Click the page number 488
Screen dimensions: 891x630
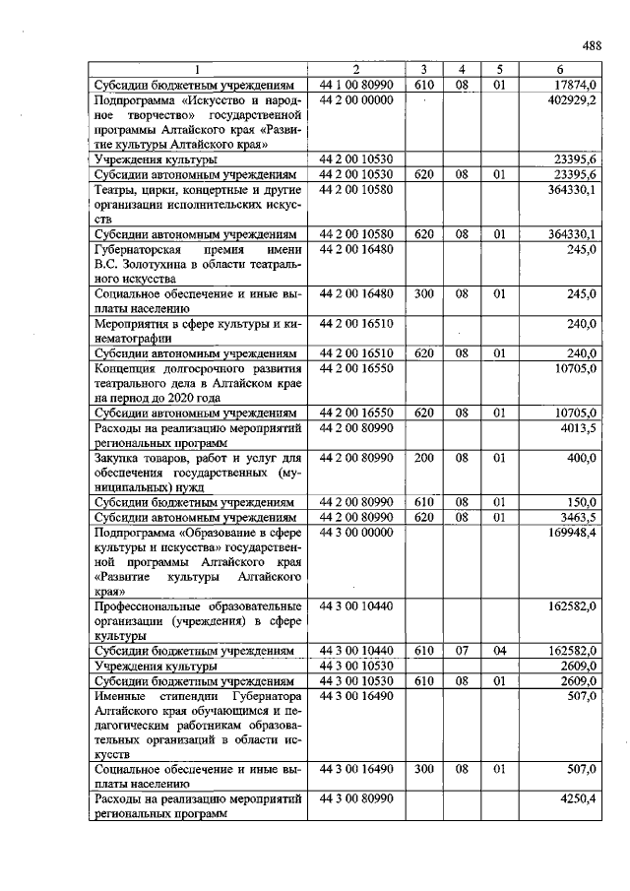pyautogui.click(x=591, y=44)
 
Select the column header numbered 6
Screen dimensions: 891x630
pyautogui.click(x=559, y=70)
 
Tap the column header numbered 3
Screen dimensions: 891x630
pyautogui.click(x=423, y=70)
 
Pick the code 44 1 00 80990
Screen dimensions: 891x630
pyautogui.click(x=355, y=85)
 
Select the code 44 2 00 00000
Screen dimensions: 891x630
pyautogui.click(x=355, y=100)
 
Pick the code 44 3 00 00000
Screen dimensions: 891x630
pyautogui.click(x=355, y=532)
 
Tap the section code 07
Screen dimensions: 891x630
pyautogui.click(x=461, y=651)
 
